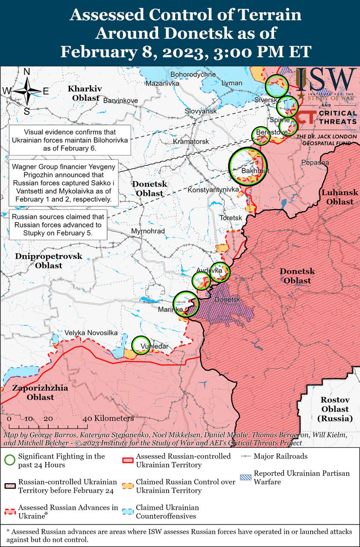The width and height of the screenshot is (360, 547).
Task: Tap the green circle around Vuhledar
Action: (x=140, y=345)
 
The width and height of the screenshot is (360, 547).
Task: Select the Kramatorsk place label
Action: (x=191, y=141)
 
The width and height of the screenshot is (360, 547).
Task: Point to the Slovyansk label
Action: (x=201, y=111)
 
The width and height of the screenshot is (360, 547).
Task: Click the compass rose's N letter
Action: (x=26, y=72)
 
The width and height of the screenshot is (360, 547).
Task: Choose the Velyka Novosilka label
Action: (x=91, y=333)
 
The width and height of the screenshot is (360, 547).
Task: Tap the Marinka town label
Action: (x=170, y=309)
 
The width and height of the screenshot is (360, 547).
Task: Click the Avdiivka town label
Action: (x=209, y=271)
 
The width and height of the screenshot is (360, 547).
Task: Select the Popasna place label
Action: (x=315, y=162)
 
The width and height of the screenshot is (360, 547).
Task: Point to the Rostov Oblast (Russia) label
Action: (x=335, y=409)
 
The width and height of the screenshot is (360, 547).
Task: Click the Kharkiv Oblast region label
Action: (x=85, y=93)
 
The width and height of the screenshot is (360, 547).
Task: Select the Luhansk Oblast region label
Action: (x=337, y=197)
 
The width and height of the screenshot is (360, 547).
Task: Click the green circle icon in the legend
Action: (x=10, y=460)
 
